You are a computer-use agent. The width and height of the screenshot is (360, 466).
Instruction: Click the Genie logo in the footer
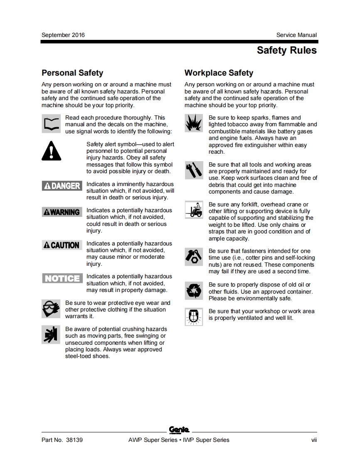point(179,430)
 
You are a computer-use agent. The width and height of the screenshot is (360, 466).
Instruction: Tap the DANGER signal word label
point(62,186)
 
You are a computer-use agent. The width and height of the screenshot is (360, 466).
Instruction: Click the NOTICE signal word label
point(62,278)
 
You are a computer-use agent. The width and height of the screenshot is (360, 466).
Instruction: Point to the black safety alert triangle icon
point(52,151)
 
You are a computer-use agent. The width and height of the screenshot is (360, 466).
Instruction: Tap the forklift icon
point(194,210)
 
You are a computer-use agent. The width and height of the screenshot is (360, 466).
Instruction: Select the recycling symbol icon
point(194,291)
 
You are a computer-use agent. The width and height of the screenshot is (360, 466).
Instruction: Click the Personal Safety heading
point(72,73)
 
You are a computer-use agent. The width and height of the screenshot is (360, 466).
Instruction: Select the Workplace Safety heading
point(219,73)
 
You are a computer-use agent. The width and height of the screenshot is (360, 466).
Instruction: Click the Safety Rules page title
point(286,51)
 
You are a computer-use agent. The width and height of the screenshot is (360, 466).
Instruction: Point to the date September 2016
point(63,35)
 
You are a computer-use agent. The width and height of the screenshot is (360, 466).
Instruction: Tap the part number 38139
point(74,440)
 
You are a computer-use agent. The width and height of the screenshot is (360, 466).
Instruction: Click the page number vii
point(314,440)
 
